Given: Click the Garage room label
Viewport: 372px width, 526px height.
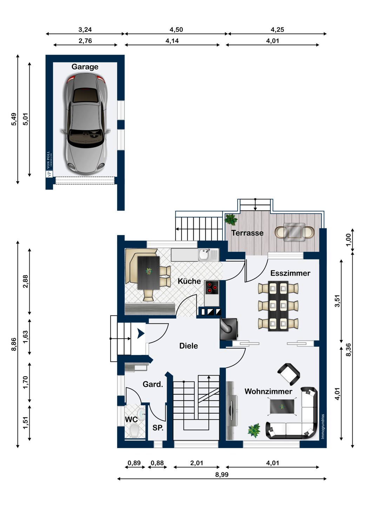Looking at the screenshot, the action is pyautogui.click(x=85, y=67).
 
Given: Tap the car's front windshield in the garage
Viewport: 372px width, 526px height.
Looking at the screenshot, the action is pyautogui.click(x=86, y=138).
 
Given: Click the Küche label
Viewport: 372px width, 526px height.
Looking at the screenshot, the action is pyautogui.click(x=189, y=281).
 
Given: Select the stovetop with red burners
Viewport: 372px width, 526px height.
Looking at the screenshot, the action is pyautogui.click(x=212, y=287).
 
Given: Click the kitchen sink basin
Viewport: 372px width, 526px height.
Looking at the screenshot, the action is pyautogui.click(x=204, y=255).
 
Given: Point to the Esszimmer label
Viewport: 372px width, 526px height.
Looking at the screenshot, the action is pyautogui.click(x=290, y=273).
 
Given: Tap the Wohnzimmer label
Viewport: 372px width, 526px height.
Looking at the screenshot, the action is pyautogui.click(x=268, y=391).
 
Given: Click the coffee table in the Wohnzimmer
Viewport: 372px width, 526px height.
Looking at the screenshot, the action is pyautogui.click(x=282, y=406).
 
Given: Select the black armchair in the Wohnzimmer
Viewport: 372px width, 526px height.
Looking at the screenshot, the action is pyautogui.click(x=288, y=375).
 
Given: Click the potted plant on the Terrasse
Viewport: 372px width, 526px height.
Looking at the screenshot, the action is pyautogui.click(x=231, y=219).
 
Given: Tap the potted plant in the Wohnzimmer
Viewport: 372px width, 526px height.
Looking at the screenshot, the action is pyautogui.click(x=254, y=431).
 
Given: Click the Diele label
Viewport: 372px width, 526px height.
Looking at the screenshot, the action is pyautogui.click(x=188, y=346).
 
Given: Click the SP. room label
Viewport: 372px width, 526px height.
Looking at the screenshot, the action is pyautogui.click(x=158, y=428).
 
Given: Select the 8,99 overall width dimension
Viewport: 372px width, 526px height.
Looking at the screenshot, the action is pyautogui.click(x=222, y=474).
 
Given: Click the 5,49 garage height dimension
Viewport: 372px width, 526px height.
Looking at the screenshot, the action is pyautogui.click(x=14, y=119).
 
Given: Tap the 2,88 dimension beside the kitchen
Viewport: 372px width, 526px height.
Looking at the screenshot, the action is pyautogui.click(x=25, y=281).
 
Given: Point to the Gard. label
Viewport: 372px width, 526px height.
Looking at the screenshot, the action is pyautogui.click(x=153, y=384).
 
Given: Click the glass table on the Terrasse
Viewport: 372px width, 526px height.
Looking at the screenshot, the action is pyautogui.click(x=294, y=232).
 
